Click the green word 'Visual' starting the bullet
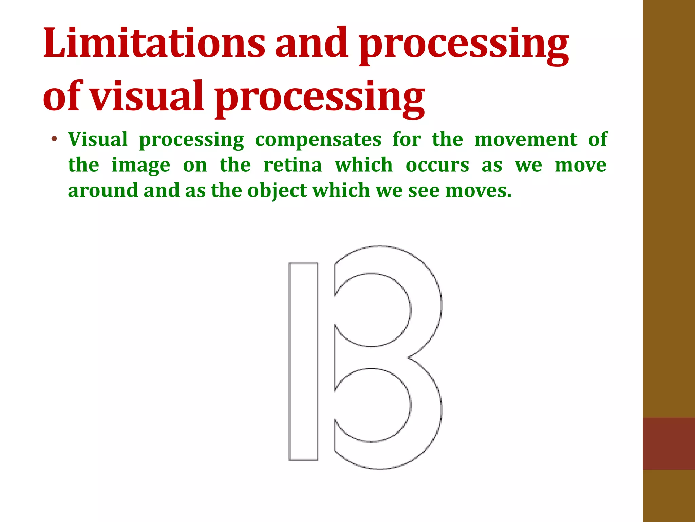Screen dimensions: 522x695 pyautogui.click(x=98, y=139)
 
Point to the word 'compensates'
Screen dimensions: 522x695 pyautogui.click(x=318, y=139)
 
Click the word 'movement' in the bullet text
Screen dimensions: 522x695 pyautogui.click(x=526, y=139)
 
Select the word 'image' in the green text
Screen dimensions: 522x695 pyautogui.click(x=141, y=166)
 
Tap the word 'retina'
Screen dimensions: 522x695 pyautogui.click(x=293, y=165)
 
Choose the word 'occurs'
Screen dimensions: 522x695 pyautogui.click(x=437, y=165)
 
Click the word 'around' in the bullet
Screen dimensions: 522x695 pyautogui.click(x=103, y=190)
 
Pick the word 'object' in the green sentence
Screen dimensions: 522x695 pyautogui.click(x=277, y=191)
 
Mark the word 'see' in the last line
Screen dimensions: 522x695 pyautogui.click(x=423, y=191)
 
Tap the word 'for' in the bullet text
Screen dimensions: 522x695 pyautogui.click(x=407, y=139)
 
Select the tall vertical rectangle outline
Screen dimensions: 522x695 pyautogui.click(x=303, y=361)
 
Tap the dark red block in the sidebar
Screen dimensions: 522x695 pyautogui.click(x=669, y=443)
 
